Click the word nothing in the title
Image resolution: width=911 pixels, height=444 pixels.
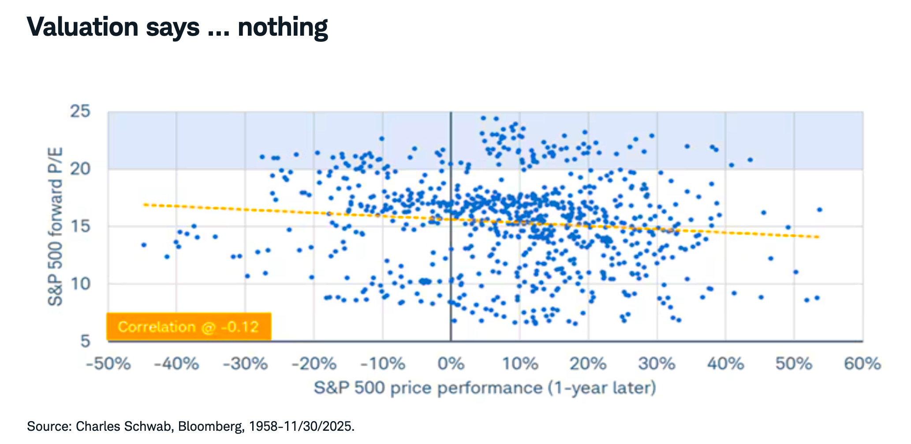click(x=283, y=27)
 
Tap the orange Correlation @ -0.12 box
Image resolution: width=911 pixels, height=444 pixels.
click(x=189, y=327)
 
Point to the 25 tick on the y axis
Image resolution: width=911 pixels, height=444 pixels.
click(x=80, y=111)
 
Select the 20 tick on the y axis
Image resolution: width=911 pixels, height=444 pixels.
click(x=80, y=169)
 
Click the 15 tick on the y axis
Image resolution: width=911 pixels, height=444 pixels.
click(x=80, y=226)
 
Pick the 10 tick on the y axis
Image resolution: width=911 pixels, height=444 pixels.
click(x=80, y=284)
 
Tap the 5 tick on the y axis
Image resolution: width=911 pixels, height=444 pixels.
click(x=85, y=341)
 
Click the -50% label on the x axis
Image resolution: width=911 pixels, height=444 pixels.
click(x=108, y=364)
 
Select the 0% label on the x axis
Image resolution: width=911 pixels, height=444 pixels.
click(x=451, y=364)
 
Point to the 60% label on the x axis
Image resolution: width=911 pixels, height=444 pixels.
click(x=862, y=364)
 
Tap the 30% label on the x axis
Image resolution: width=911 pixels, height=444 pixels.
click(x=657, y=364)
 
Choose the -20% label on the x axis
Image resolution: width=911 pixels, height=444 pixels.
click(x=314, y=364)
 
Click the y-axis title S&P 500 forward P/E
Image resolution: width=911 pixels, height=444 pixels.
click(x=56, y=226)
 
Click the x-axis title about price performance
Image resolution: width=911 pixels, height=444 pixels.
click(x=485, y=388)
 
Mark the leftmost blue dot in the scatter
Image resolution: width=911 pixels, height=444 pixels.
click(x=144, y=245)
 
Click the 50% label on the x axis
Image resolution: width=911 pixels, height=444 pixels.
click(x=794, y=364)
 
